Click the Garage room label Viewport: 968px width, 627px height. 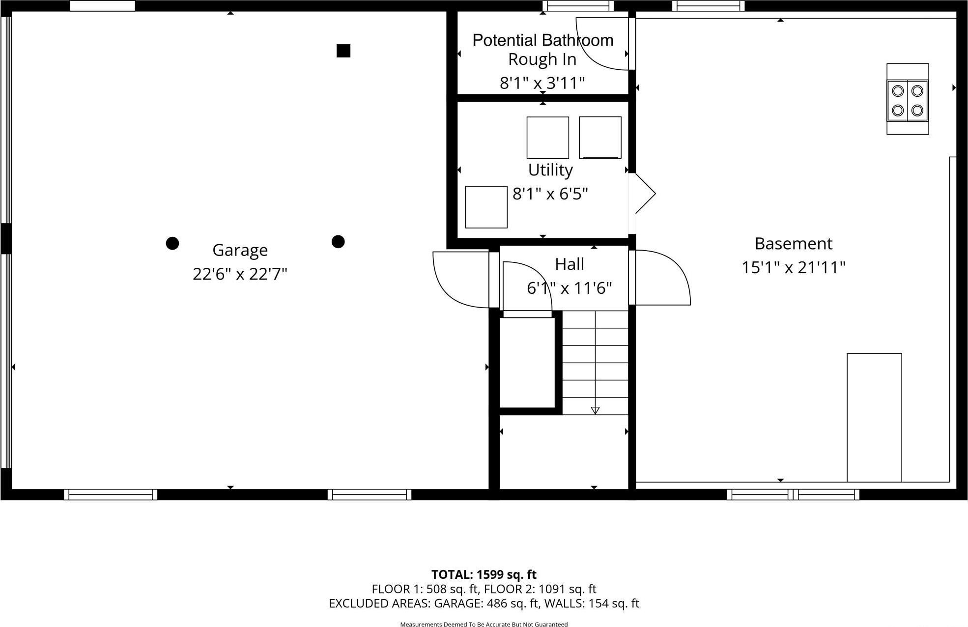coord(240,250)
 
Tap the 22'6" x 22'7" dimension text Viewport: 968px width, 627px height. coord(240,274)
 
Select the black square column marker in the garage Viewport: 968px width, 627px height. coord(343,51)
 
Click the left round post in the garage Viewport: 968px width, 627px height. coord(172,243)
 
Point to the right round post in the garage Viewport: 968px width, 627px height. coord(338,241)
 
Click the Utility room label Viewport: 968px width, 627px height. coord(550,170)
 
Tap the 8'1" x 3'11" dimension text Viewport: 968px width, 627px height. coord(542,83)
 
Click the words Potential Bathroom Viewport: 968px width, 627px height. coord(542,40)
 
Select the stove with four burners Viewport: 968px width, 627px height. coord(907,100)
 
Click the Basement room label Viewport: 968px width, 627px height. coord(793,244)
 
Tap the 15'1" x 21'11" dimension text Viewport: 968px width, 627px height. coord(793,268)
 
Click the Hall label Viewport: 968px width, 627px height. coord(569,264)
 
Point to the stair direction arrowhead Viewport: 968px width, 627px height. coord(595,410)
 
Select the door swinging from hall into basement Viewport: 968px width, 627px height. coord(661,278)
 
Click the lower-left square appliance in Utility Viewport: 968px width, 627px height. coord(486,207)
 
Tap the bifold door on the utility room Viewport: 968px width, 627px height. coord(644,193)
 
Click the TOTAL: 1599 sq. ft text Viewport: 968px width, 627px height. coord(484,574)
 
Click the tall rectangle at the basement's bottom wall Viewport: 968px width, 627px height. coord(874,418)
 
